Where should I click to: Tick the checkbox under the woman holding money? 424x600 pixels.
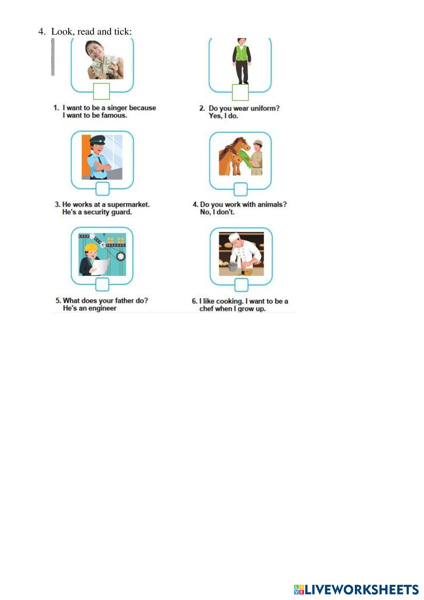point(101,91)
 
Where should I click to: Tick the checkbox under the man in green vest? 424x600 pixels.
point(240,93)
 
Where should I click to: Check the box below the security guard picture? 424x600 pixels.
point(103,189)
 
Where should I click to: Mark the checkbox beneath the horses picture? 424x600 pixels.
point(241,189)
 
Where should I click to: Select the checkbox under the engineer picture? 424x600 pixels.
point(102,284)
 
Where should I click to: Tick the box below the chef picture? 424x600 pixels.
point(241,285)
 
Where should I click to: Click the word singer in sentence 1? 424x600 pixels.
point(117,108)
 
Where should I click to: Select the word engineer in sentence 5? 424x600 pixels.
point(103,308)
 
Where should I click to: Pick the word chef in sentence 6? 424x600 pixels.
point(206,308)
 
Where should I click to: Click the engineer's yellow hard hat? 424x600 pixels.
point(90,247)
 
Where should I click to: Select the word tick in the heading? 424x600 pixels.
point(122,31)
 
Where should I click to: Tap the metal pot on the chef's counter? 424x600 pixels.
point(233,267)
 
